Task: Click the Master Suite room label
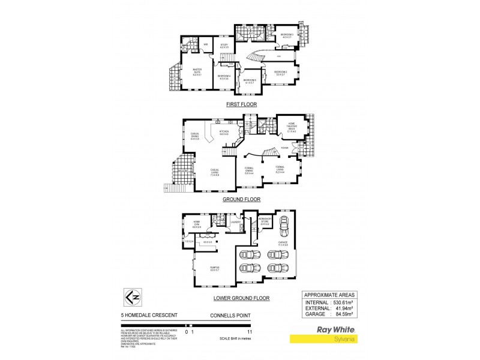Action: pos(197,72)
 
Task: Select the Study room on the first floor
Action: pos(224,46)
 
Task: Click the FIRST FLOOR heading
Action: pos(241,104)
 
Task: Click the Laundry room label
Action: pos(235,223)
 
